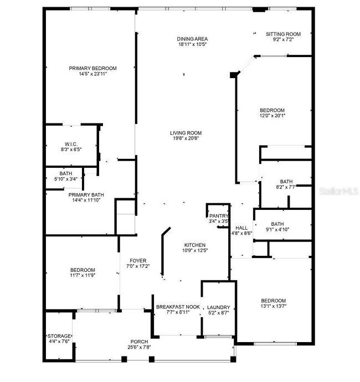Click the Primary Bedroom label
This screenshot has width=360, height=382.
pyautogui.click(x=92, y=68)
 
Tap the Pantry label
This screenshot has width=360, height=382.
pyautogui.click(x=218, y=216)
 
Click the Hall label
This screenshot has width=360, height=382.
pyautogui.click(x=241, y=228)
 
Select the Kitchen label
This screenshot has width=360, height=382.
pyautogui.click(x=195, y=245)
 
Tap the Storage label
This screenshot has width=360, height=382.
pyautogui.click(x=59, y=336)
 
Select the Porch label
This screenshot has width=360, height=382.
pyautogui.click(x=139, y=341)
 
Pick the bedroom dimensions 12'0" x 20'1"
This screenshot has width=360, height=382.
pyautogui.click(x=272, y=116)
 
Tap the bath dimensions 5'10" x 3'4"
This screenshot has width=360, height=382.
pyautogui.click(x=65, y=179)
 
